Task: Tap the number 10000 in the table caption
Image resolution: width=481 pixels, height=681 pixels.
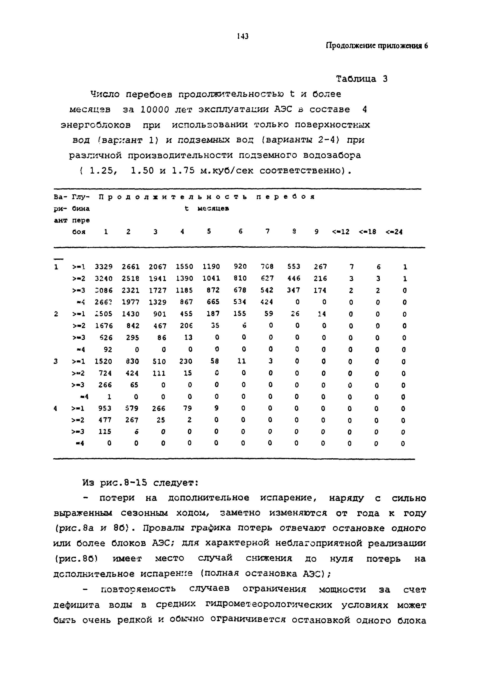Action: click(154, 110)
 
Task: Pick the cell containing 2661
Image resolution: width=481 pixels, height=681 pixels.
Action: click(131, 267)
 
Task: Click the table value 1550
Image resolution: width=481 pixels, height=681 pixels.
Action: click(184, 267)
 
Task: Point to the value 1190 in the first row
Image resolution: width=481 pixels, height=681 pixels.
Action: click(211, 267)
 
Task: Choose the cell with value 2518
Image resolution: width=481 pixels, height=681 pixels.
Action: click(131, 279)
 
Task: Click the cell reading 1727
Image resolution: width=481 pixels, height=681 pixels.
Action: click(157, 290)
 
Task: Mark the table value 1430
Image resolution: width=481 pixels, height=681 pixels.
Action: click(131, 314)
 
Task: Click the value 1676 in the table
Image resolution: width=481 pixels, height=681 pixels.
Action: click(104, 326)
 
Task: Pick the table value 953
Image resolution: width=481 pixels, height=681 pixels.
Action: click(105, 408)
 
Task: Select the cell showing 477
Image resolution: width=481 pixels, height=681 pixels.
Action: click(105, 420)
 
